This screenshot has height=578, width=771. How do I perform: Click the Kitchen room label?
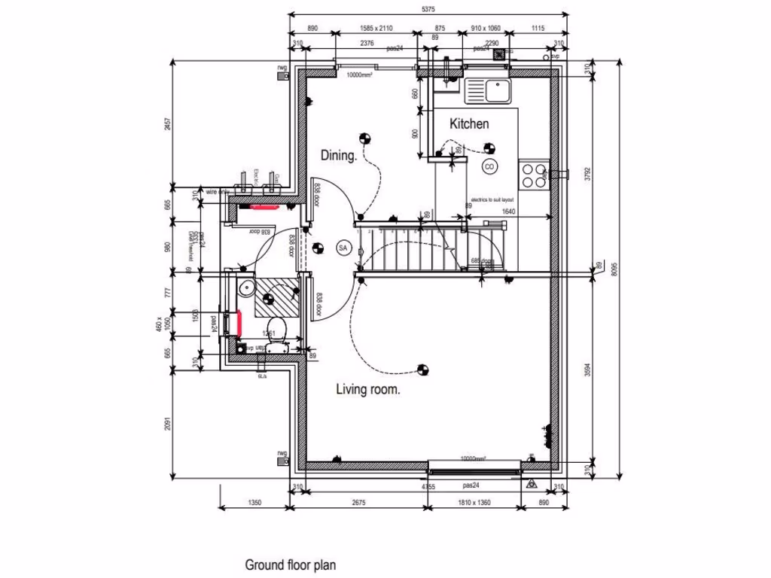[469, 124]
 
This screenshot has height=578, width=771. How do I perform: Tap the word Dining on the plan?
[339, 156]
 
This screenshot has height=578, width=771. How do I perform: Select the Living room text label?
[367, 390]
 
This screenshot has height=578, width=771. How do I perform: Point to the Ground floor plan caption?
[290, 564]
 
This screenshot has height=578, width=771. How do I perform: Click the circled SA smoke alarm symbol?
[343, 248]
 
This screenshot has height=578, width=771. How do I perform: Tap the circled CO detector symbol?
[489, 166]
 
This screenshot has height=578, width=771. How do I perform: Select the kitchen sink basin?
[497, 91]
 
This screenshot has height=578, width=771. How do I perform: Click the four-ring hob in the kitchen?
[535, 175]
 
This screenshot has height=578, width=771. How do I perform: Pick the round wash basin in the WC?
[244, 290]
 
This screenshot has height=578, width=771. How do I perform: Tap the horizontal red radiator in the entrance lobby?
[264, 205]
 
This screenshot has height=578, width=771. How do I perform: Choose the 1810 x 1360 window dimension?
[475, 503]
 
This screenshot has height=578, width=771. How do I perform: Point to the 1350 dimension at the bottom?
[254, 503]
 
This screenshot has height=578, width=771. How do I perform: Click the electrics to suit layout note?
[492, 199]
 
